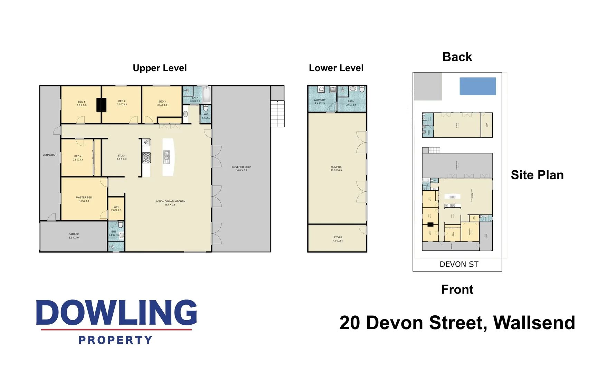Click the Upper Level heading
[160, 68]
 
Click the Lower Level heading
[336, 68]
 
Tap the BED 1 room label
[82, 102]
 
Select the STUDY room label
[122, 156]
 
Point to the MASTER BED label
[84, 198]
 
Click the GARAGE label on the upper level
[74, 234]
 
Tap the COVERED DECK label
[241, 167]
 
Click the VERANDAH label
[49, 155]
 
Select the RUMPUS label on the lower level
[336, 167]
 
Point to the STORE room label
[338, 238]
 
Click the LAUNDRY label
[320, 100]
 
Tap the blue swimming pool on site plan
[477, 86]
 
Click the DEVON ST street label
[459, 264]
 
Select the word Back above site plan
[457, 57]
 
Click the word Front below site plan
[457, 289]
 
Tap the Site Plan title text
[537, 175]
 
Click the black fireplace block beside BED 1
[101, 105]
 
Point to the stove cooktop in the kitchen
[146, 158]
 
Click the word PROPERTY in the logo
[115, 340]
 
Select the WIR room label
[116, 207]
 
